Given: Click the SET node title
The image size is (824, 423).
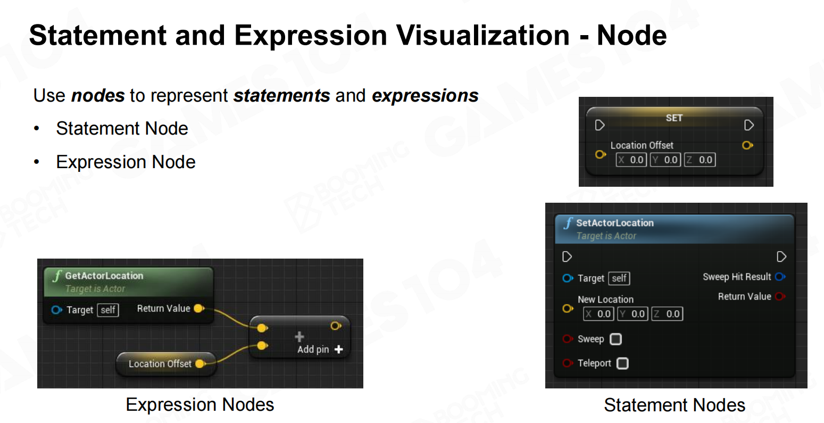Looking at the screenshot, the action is [674, 118].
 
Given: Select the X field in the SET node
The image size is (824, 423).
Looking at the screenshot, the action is [631, 160].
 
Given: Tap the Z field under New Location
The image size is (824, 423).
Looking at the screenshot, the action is [667, 314].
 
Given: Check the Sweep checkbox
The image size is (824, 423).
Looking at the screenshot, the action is [616, 339].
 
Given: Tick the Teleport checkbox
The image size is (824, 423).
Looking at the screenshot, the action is [622, 363].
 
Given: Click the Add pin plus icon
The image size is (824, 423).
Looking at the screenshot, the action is [339, 350].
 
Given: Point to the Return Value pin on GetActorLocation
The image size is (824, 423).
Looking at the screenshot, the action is [199, 309].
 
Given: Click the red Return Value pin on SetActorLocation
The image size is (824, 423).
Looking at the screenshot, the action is [780, 296].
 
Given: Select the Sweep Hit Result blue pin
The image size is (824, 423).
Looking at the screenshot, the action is [780, 277].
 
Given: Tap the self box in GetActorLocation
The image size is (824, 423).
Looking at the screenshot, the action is [108, 310].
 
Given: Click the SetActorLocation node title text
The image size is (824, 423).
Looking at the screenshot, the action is [615, 223].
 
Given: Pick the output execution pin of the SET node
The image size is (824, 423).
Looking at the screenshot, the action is [748, 126].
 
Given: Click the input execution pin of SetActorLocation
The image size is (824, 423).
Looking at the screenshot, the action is [567, 256].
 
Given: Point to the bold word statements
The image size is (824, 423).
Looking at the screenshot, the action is [282, 96].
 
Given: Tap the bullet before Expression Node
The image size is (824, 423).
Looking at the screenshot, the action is [36, 162].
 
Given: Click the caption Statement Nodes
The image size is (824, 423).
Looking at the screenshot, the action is [675, 405].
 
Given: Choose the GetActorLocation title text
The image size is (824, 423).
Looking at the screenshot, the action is [104, 276].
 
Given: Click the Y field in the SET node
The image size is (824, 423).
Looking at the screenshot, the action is [665, 160].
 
